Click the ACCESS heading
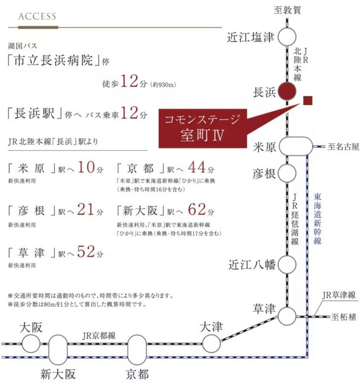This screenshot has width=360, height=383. (37, 16)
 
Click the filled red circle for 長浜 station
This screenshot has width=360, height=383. (287, 91)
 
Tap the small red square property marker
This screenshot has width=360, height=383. (308, 100)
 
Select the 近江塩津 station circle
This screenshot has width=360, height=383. (287, 37)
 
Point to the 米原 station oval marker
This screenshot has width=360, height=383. (296, 146)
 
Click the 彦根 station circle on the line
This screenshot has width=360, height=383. (287, 173)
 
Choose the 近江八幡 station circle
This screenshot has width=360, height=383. (287, 264)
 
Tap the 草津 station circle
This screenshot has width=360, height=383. (287, 316)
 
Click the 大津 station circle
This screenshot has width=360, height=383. (211, 343)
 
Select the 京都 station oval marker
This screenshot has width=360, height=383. (137, 350)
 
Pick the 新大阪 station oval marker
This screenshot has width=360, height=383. (58, 350)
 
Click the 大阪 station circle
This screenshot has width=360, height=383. (31, 343)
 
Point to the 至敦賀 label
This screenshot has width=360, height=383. (287, 10)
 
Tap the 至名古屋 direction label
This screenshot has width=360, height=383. (343, 146)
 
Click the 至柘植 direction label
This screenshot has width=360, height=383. (344, 317)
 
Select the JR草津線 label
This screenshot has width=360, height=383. (339, 295)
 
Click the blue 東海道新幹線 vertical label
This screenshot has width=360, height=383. (317, 219)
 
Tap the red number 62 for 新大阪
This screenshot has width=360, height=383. (197, 209)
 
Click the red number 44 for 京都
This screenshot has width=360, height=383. (197, 167)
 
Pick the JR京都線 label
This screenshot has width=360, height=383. (99, 336)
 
